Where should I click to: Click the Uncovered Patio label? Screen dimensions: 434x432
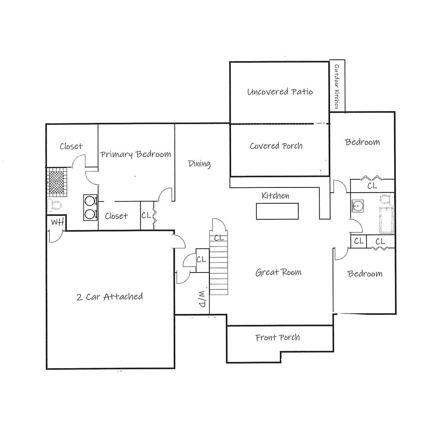(280, 92)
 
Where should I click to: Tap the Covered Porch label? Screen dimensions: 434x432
(276, 146)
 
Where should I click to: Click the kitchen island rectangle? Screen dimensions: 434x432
(277, 211)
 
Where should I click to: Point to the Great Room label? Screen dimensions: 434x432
(278, 272)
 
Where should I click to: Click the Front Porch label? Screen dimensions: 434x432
(277, 338)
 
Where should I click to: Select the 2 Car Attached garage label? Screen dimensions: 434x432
(110, 297)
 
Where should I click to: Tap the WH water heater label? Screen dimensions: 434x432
(57, 222)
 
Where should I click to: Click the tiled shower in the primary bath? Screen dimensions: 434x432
(57, 182)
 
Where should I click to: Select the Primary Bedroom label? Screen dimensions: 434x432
(136, 154)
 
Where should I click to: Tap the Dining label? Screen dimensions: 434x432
(199, 164)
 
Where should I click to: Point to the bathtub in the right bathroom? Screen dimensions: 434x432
(386, 220)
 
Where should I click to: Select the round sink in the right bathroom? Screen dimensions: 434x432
(357, 206)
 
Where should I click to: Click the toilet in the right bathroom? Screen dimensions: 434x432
(386, 199)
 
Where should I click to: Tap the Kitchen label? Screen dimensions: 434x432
(275, 196)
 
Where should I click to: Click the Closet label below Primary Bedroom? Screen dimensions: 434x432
(116, 216)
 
